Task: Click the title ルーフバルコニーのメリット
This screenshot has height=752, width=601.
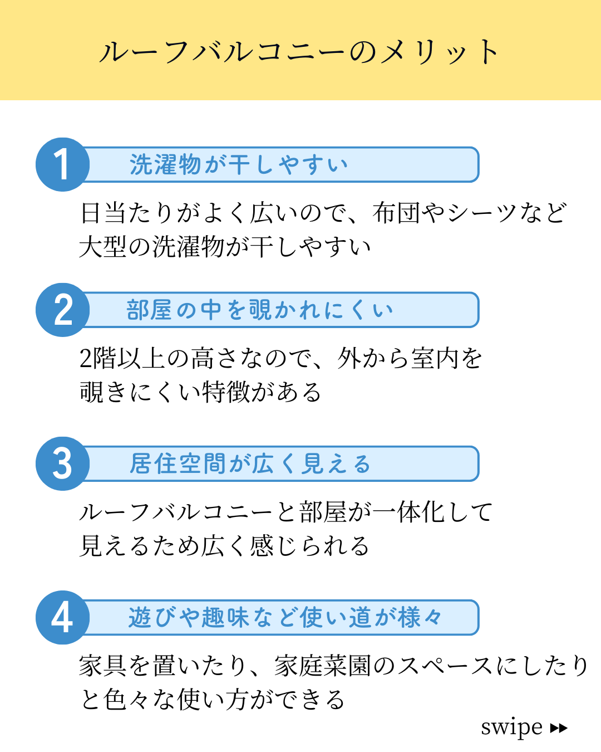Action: click(299, 52)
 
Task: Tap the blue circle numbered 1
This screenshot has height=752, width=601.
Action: click(62, 164)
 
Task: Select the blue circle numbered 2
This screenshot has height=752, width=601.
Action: click(62, 310)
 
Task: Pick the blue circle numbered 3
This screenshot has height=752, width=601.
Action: click(62, 463)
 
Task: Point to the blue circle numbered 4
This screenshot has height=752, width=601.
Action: click(62, 617)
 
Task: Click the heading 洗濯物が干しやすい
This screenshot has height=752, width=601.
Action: click(239, 164)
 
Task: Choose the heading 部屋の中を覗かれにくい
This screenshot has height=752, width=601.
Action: click(260, 310)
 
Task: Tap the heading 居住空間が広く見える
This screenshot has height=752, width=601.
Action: click(250, 463)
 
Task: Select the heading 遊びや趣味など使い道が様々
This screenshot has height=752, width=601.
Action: click(285, 617)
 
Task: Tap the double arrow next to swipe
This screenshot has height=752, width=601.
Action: click(559, 728)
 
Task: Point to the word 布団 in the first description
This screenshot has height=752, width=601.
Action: click(396, 212)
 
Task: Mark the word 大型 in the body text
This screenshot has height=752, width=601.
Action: click(102, 247)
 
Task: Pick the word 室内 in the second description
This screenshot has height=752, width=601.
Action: click(434, 358)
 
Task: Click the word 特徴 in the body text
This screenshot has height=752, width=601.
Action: click(225, 392)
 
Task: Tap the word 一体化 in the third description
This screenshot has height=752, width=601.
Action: click(408, 512)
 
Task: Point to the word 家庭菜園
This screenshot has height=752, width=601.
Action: click(322, 666)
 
